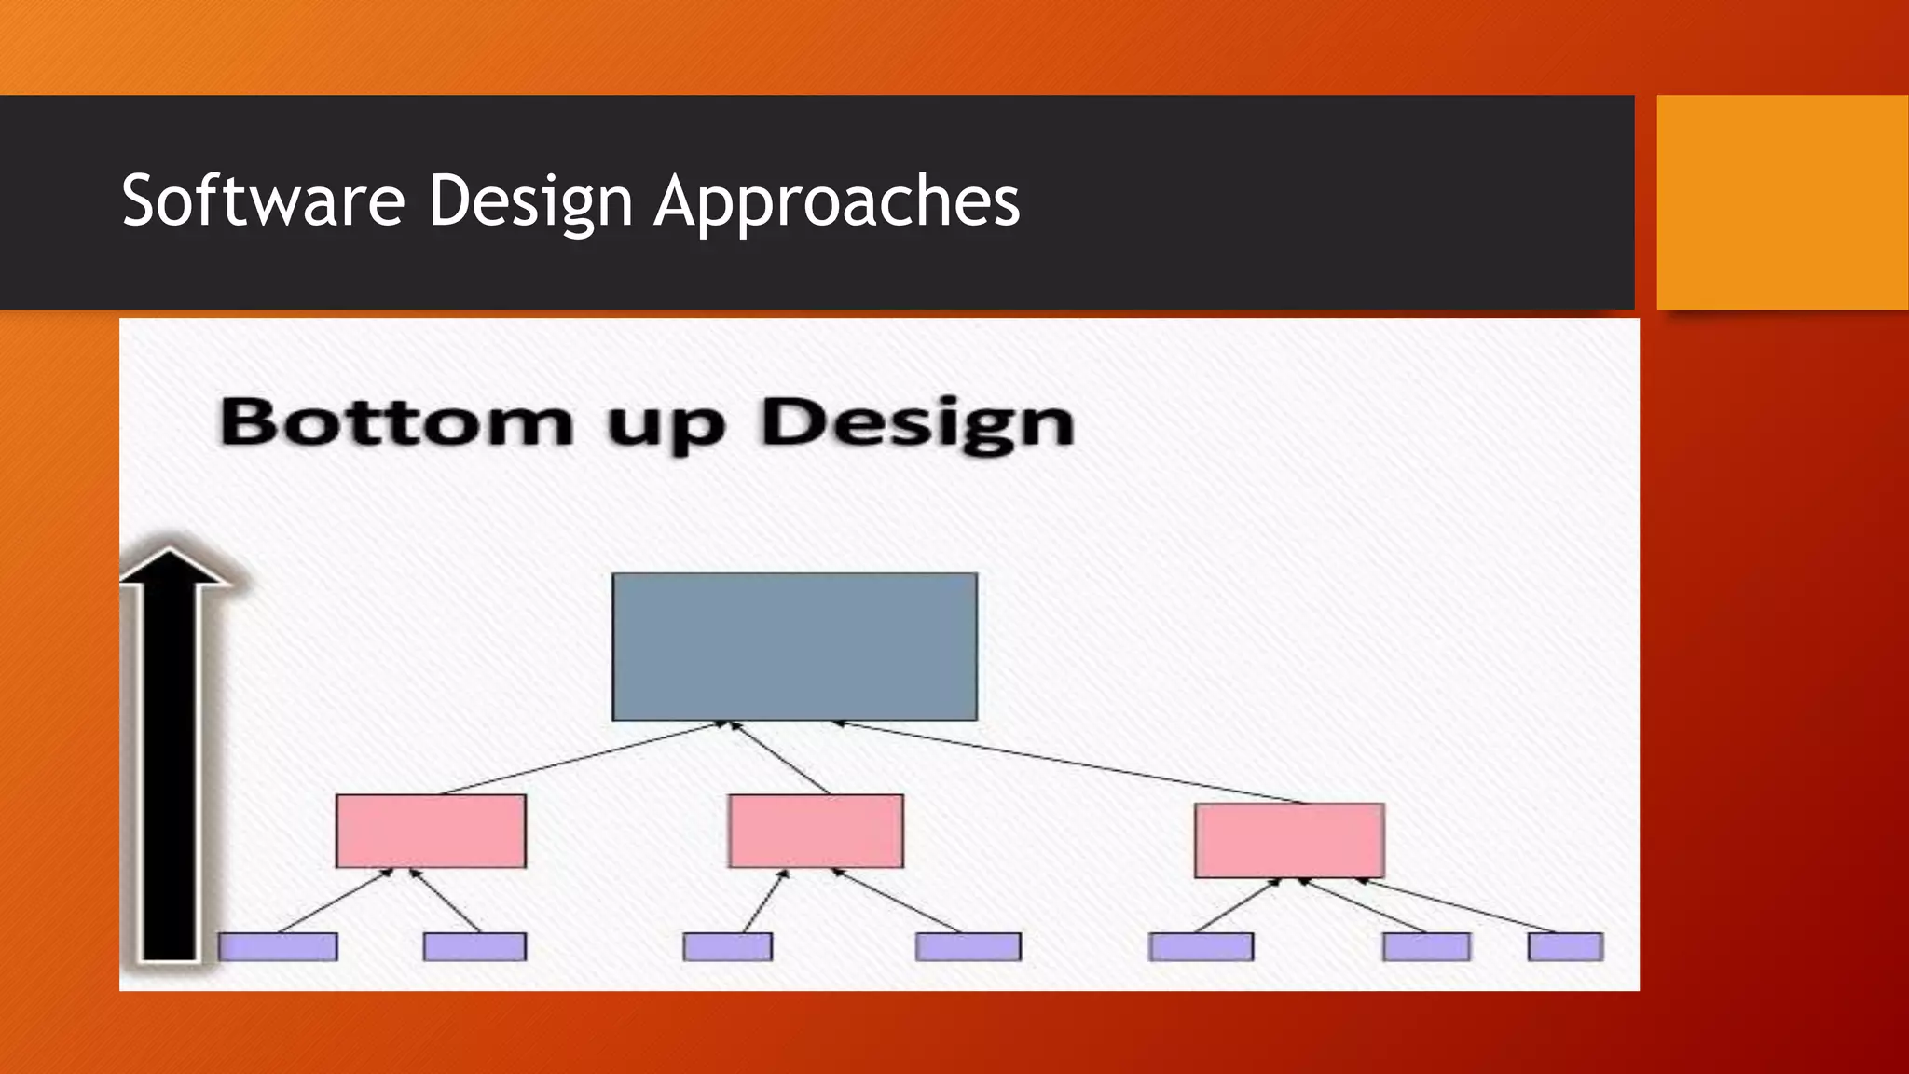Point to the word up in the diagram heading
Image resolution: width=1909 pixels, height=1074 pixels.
(666, 427)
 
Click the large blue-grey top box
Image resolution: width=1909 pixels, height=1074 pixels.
(794, 646)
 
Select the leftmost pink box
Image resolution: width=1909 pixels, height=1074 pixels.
(431, 831)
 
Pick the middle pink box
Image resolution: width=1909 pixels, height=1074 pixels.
(816, 831)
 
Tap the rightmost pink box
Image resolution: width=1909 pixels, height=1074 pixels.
(1289, 840)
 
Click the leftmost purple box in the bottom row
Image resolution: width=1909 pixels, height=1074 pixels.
(278, 946)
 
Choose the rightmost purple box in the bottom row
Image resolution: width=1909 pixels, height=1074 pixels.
(1565, 946)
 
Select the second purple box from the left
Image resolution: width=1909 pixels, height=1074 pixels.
(474, 946)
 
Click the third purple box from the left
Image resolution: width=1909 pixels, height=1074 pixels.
(727, 946)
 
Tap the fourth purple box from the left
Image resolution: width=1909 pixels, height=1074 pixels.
(968, 946)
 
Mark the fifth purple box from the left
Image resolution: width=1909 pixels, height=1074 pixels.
(1201, 946)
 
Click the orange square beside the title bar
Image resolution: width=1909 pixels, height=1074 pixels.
(1782, 202)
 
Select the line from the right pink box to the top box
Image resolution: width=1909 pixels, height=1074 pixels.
(1072, 762)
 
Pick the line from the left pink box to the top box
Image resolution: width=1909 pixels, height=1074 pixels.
(578, 758)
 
